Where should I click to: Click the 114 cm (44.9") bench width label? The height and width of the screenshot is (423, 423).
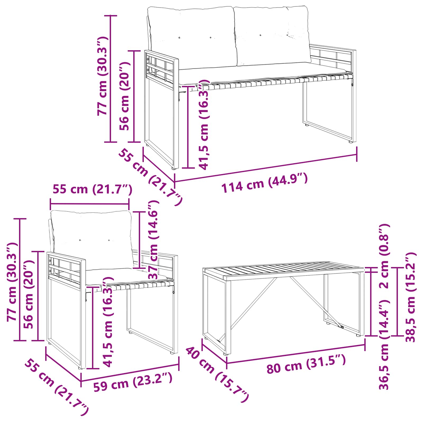[x=264, y=183]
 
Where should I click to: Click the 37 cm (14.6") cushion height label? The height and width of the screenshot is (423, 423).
[x=153, y=240]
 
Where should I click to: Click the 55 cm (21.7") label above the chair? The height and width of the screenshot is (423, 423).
[x=92, y=189]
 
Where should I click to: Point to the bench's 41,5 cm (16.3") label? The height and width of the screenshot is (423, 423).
[x=204, y=126]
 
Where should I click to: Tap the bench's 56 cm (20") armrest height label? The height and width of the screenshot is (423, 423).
[x=124, y=96]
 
